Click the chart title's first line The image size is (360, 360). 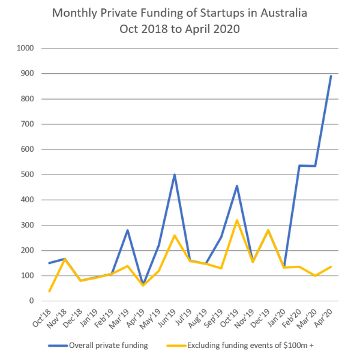[180, 13]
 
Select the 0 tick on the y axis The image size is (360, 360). [32, 301]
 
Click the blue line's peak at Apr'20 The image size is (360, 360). [331, 76]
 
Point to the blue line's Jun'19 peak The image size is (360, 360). [175, 175]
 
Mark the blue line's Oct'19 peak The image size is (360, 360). [237, 186]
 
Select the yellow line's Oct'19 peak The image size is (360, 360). [237, 220]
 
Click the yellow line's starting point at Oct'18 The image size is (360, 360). [50, 291]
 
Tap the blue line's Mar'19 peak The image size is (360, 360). [128, 230]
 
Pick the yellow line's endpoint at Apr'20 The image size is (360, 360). [331, 267]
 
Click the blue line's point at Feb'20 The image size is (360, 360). [299, 166]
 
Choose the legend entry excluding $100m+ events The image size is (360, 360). [257, 345]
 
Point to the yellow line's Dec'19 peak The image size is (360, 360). [268, 230]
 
